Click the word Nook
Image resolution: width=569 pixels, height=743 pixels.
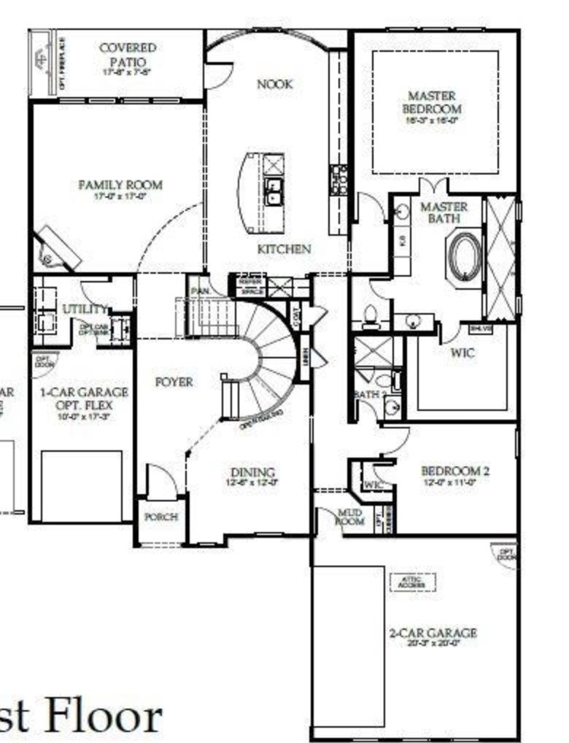click(274, 85)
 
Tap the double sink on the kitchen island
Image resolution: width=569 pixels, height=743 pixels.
click(274, 191)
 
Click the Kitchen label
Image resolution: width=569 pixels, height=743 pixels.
click(284, 249)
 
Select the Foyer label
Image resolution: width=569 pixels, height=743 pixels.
click(174, 382)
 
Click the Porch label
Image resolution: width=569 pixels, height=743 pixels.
click(160, 517)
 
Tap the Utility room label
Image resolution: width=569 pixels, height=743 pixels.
click(85, 309)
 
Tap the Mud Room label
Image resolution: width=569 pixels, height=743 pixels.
click(349, 517)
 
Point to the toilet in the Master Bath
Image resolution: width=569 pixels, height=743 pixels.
click(369, 315)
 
